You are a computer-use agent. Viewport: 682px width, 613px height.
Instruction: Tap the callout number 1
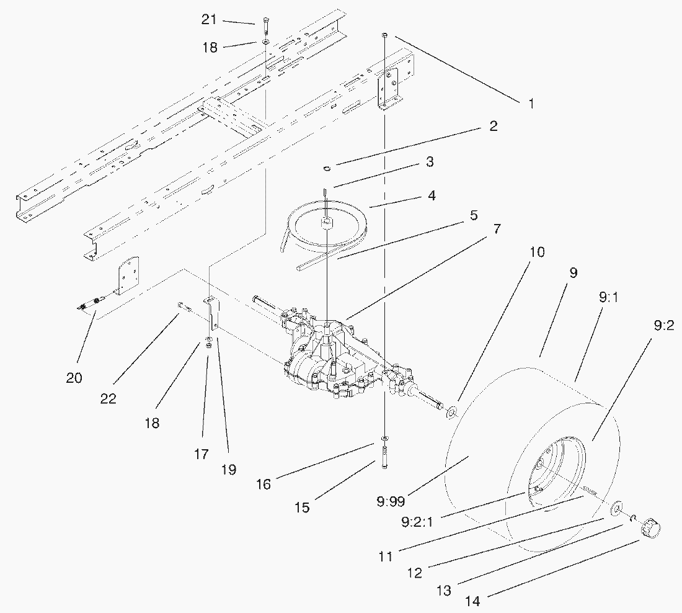(x=530, y=104)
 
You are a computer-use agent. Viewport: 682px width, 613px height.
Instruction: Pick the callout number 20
(x=74, y=378)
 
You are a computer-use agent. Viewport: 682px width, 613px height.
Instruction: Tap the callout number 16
(x=263, y=484)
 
